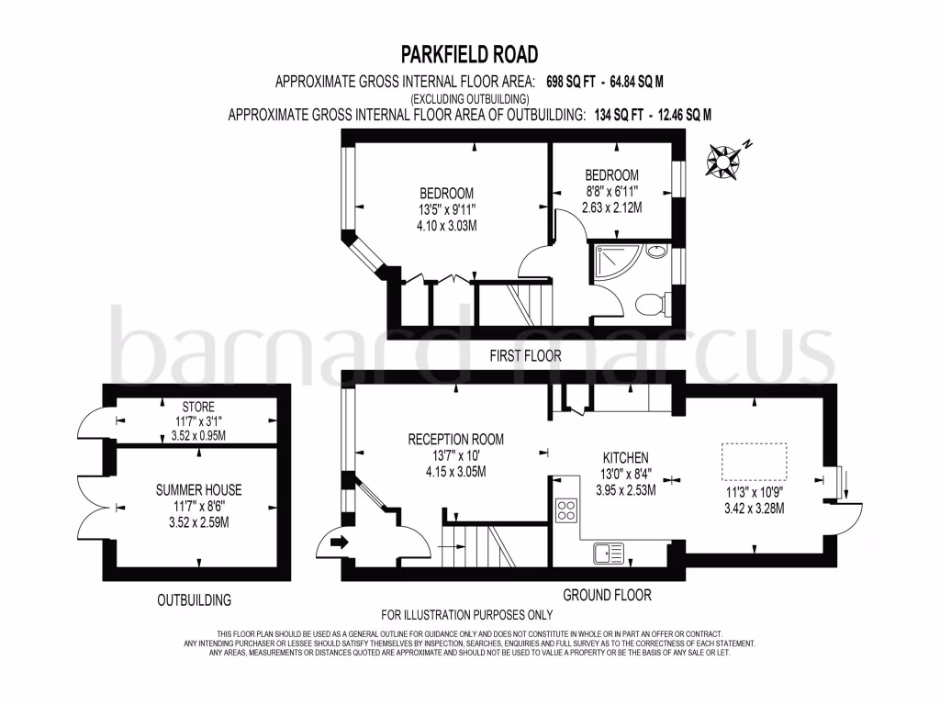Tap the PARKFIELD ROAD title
[469, 54]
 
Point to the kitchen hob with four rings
[566, 510]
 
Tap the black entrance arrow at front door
[338, 543]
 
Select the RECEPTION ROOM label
[455, 439]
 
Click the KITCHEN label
[625, 457]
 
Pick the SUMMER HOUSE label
[199, 490]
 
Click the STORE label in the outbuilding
[198, 407]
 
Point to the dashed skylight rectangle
[755, 461]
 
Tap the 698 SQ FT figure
[578, 82]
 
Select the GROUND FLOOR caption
[607, 595]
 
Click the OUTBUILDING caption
[194, 600]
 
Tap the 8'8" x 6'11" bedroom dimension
[611, 191]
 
